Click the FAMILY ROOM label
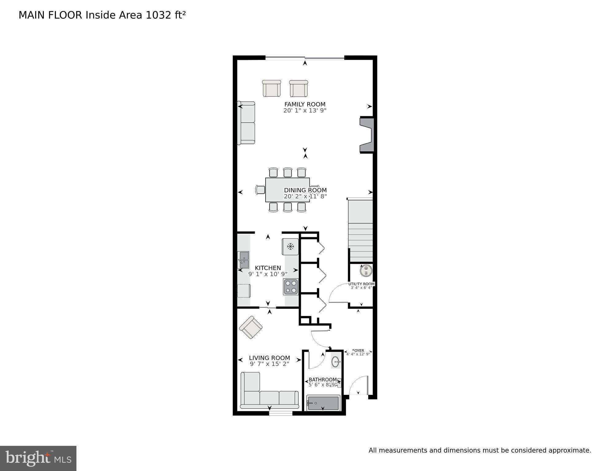tap(305, 104)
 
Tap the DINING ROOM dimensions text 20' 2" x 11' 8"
tap(305, 196)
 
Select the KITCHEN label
tap(268, 268)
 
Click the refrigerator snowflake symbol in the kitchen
tap(290, 246)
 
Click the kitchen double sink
tap(243, 260)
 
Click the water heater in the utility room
tap(366, 271)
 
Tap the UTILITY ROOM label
tap(361, 284)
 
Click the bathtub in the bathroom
tap(323, 403)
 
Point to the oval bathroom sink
tap(336, 362)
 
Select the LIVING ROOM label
tap(269, 358)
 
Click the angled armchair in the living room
tap(251, 327)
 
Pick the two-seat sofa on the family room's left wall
tap(247, 123)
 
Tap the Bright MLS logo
tap(38, 458)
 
